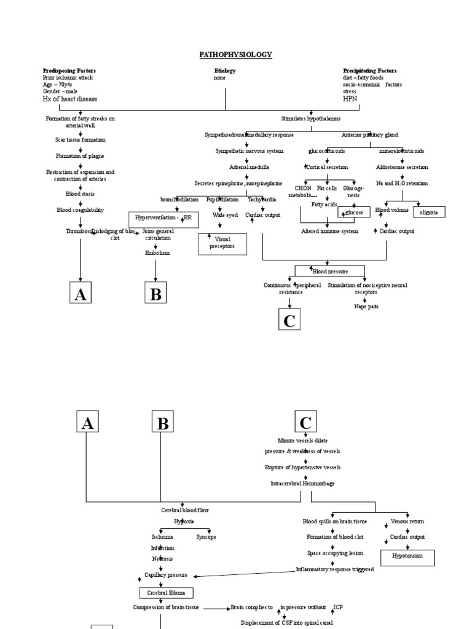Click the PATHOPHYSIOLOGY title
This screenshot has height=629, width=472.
235,55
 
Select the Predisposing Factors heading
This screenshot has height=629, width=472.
69,71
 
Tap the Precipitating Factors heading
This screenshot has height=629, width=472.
369,71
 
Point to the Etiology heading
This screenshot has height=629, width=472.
224,71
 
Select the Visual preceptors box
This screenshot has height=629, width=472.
222,243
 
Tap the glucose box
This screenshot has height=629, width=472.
355,212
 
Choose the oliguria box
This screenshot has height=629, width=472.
428,212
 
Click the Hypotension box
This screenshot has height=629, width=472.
407,557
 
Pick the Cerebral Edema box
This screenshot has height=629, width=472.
166,593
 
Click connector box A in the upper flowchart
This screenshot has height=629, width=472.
80,294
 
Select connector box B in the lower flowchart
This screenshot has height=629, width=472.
163,423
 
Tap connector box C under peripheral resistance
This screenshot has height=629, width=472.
289,319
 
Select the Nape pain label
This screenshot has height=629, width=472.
366,306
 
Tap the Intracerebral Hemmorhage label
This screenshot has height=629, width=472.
303,483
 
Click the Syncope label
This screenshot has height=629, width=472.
206,537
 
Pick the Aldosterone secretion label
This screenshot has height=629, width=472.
402,167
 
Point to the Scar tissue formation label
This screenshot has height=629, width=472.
80,140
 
